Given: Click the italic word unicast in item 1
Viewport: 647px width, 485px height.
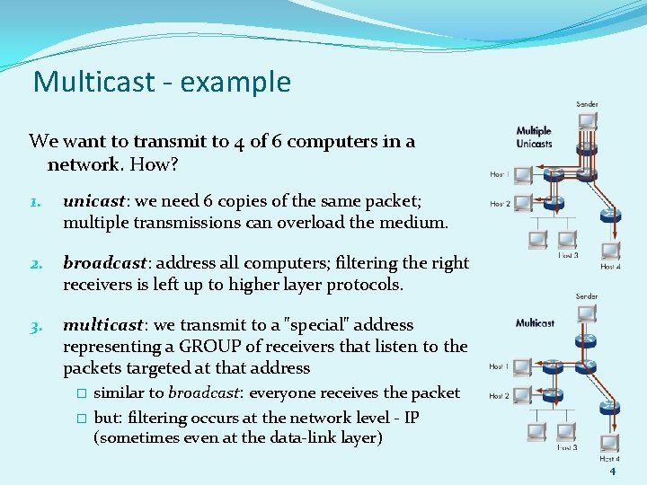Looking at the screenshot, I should tap(92, 200).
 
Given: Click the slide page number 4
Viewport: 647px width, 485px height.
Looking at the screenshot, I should tap(612, 471).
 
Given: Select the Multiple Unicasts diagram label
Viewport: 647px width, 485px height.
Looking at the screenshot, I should tap(534, 137).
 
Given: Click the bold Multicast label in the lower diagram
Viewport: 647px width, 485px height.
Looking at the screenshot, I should tap(535, 322).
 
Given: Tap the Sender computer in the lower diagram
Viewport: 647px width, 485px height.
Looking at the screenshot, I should tap(587, 314).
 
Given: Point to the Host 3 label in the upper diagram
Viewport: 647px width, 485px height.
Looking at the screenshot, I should tap(567, 256).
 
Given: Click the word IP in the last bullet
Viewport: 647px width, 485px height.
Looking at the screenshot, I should tap(411, 418).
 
